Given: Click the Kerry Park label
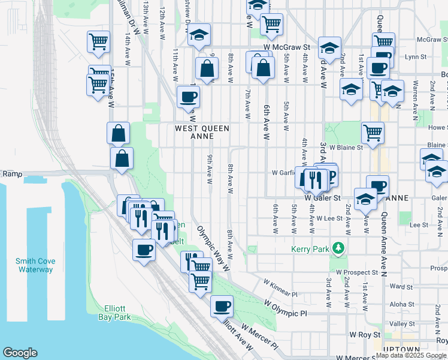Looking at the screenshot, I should tap(310, 249).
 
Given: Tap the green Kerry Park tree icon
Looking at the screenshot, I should tap(339, 247).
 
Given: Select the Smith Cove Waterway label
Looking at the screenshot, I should tap(35, 265).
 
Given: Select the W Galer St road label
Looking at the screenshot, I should tap(322, 197).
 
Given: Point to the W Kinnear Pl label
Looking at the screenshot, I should tap(280, 287).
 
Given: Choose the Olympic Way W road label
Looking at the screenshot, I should tap(214, 249).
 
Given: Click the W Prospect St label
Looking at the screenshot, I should tap(357, 272).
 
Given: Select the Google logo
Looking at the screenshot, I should tap(20, 353).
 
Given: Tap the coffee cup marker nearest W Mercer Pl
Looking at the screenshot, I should tap(222, 306).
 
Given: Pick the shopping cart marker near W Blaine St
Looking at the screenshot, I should tap(373, 132).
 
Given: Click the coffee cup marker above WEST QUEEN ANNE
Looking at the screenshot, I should tap(188, 96).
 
